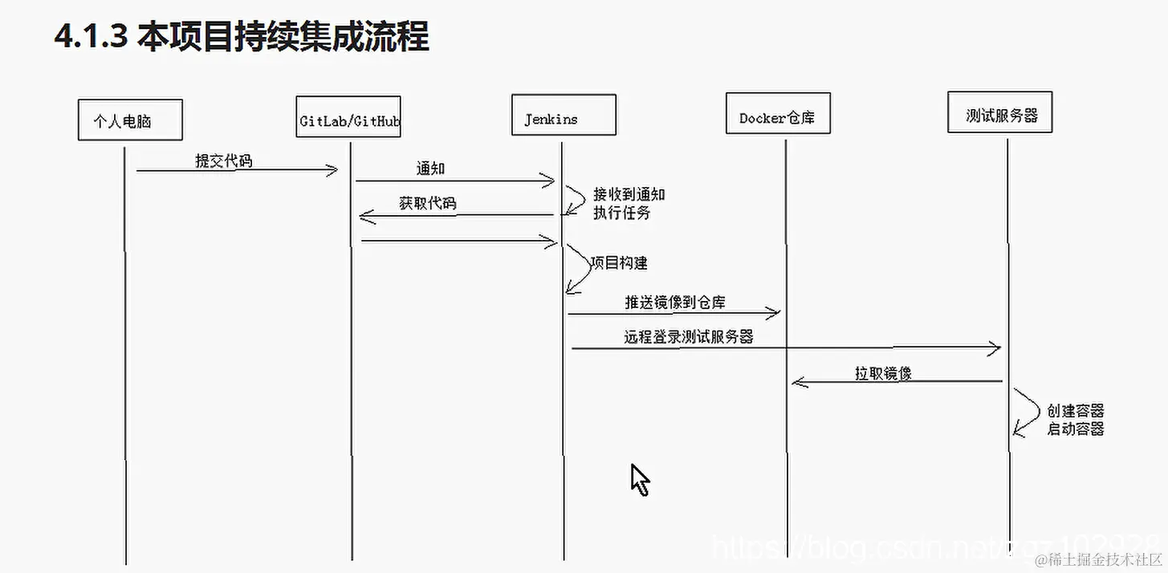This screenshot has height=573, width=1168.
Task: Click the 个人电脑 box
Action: coord(130,120)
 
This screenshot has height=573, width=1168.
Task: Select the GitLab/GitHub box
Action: coord(348,120)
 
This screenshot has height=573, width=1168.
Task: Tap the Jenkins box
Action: coord(564,116)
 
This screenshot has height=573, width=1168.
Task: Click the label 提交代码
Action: coord(224,161)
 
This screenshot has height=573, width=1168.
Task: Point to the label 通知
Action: coord(430,169)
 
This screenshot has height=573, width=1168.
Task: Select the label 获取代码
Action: coord(428,203)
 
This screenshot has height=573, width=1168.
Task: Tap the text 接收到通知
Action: coord(629,194)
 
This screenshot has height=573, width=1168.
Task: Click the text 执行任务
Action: coord(621,213)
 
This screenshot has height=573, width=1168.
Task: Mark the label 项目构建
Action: coord(619,262)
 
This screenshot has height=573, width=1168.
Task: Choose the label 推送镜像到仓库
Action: coord(676,303)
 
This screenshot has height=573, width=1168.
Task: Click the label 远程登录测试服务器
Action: coord(689,337)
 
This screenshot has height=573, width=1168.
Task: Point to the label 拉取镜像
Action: coord(883,373)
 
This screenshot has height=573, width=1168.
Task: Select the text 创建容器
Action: coord(1076,411)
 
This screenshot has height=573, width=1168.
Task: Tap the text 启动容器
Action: coord(1076,429)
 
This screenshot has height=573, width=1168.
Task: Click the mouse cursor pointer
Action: coord(639,479)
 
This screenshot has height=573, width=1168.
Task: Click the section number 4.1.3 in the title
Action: coord(91,37)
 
